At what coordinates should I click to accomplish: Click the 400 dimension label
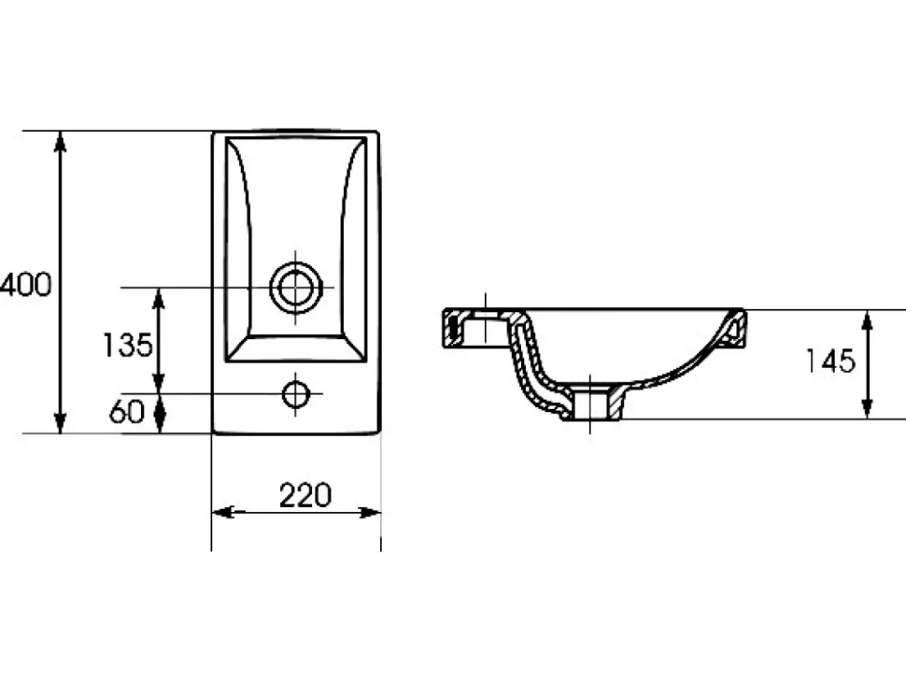pos(26,285)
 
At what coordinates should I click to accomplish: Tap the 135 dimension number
pos(127,345)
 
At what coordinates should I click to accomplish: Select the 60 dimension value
pos(126,411)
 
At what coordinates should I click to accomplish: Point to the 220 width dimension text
pos(305,495)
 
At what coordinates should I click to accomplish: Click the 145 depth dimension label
pos(830,361)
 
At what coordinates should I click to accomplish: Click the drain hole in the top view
pos(296,287)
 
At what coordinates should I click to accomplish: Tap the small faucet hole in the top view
pos(296,394)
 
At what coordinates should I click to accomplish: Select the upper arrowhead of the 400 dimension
pos(60,142)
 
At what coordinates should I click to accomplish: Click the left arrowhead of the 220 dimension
pos(223,512)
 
